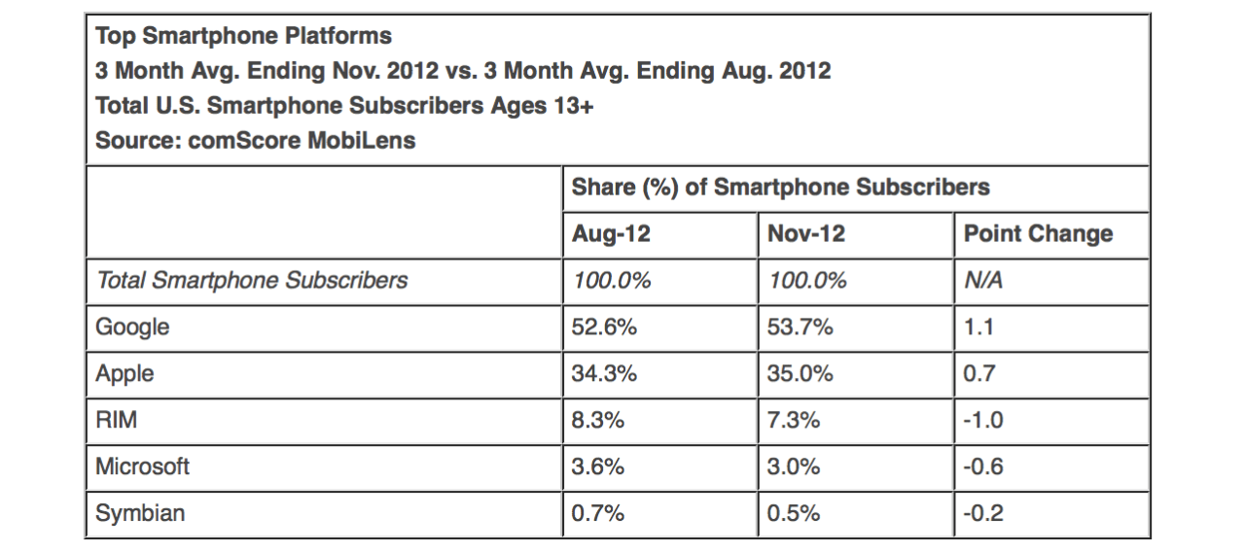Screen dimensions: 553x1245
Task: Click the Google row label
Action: click(132, 328)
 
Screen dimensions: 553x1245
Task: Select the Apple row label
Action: click(124, 374)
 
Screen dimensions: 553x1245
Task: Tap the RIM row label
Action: click(116, 421)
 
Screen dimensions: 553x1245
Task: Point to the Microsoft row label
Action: click(142, 467)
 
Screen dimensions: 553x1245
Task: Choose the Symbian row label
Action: click(140, 514)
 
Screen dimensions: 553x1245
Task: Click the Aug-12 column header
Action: click(611, 234)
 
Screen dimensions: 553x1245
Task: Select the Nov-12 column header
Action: click(806, 234)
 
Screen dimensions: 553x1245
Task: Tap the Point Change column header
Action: click(1038, 234)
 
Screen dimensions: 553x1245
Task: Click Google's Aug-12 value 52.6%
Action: click(604, 328)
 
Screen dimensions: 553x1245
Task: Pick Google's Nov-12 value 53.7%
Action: click(800, 328)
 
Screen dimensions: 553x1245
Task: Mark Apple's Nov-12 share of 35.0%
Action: click(800, 374)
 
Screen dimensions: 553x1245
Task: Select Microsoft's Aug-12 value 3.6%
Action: click(598, 467)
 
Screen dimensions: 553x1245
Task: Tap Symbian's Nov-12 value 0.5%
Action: click(794, 514)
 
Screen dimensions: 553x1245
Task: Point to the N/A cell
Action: click(983, 281)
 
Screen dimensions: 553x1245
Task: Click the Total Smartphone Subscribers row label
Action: click(252, 281)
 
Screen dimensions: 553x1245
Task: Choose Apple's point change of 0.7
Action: click(979, 374)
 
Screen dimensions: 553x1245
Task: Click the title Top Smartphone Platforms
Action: click(243, 37)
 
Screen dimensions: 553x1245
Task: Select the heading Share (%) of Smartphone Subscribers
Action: click(780, 188)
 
